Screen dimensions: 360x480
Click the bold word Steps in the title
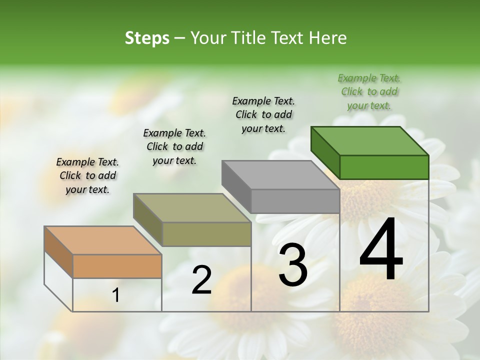click(147, 38)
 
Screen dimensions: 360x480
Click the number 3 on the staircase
click(293, 265)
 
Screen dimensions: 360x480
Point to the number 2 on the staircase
click(201, 280)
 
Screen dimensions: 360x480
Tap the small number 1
click(116, 295)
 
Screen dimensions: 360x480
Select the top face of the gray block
click(280, 174)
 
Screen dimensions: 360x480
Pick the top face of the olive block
click(192, 207)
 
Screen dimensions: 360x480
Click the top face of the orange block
click(103, 240)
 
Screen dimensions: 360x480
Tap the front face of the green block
click(384, 167)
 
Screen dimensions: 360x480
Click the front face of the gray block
click(295, 201)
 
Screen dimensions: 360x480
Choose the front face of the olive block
click(206, 234)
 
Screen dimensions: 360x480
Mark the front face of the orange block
click(117, 266)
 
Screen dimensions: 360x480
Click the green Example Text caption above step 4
click(369, 91)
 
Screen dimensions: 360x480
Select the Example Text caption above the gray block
click(263, 114)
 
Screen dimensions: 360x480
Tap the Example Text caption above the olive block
click(174, 146)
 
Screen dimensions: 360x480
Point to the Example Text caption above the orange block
click(87, 175)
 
